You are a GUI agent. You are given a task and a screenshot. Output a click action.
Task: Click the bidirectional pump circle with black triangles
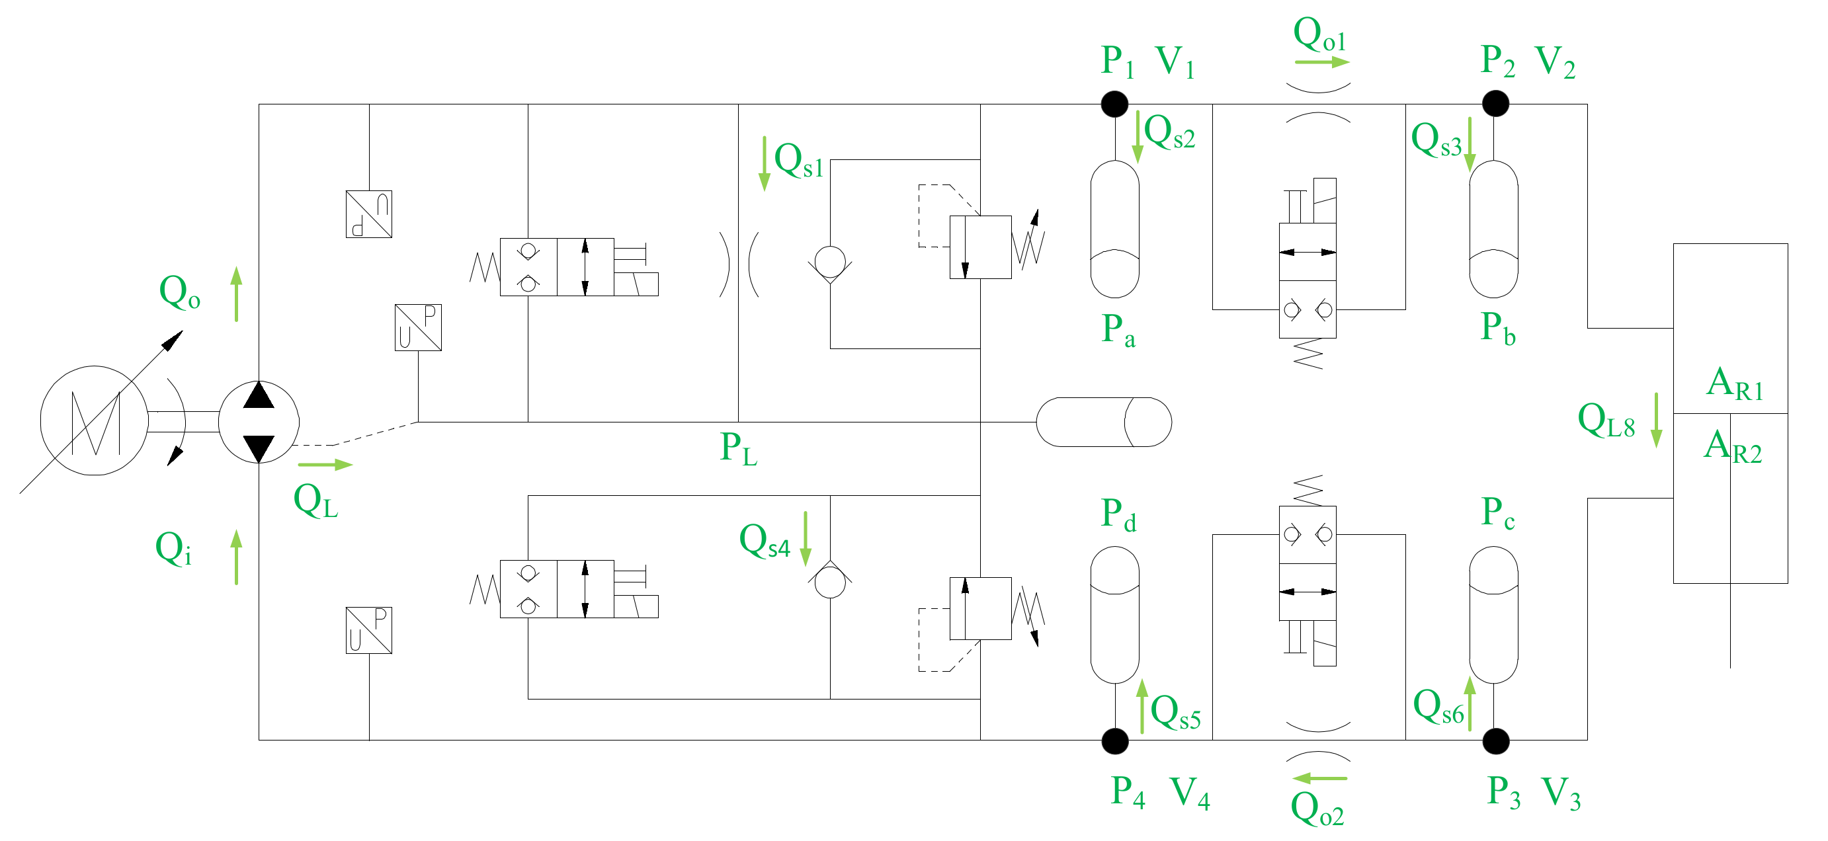(259, 422)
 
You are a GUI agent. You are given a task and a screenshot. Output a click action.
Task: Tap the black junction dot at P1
(1115, 104)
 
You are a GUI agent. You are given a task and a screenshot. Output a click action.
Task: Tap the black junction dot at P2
(1495, 104)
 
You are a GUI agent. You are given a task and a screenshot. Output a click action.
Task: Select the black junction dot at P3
(1495, 742)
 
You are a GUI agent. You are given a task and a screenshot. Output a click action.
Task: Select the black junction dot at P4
(1115, 742)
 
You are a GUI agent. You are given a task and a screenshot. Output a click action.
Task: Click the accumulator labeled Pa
(1115, 229)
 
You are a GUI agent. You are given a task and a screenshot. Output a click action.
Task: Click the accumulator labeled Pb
(1493, 229)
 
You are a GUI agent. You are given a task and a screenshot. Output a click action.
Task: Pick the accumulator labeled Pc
(1493, 615)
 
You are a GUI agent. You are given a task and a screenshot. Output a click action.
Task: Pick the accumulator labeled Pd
(1115, 615)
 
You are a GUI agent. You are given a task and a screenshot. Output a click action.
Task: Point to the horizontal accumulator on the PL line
(1103, 422)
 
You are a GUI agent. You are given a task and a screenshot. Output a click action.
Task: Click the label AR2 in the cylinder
(1732, 447)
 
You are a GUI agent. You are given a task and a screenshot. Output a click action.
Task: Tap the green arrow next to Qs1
(765, 164)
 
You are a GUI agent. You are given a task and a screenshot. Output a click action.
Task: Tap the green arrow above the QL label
(325, 465)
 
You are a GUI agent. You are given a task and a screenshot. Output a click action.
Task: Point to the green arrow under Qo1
(1321, 62)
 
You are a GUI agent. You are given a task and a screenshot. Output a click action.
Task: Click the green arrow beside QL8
(1656, 420)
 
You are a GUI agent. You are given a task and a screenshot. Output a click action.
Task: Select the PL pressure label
(738, 449)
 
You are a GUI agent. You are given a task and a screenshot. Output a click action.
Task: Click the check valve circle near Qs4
(829, 582)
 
